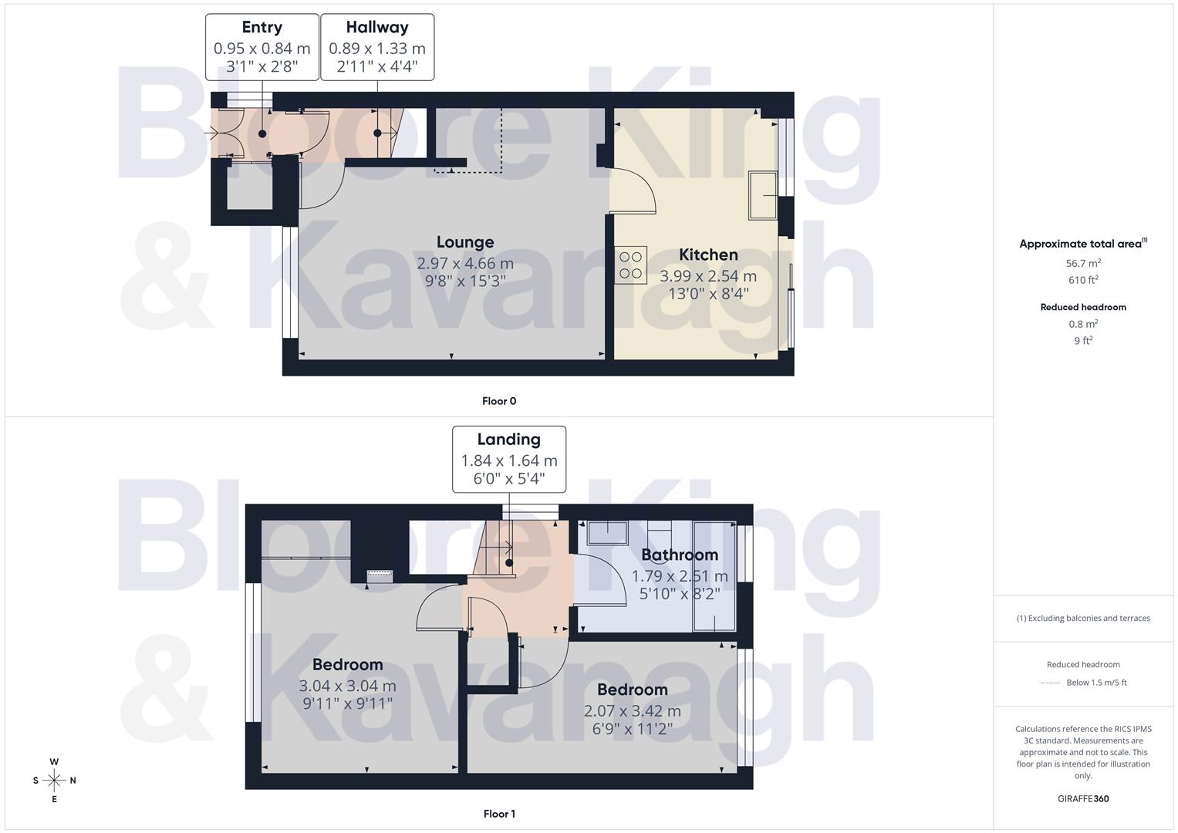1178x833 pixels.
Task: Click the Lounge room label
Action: pos(465,242)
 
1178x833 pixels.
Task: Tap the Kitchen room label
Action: pos(708,255)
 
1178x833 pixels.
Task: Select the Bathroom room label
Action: pos(680,555)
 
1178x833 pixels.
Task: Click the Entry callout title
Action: pos(262,27)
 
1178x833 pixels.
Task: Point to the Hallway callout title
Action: pos(377,27)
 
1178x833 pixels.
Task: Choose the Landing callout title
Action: pos(508,440)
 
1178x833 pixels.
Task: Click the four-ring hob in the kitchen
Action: pos(631,265)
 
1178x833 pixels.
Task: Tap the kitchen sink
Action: pos(764,195)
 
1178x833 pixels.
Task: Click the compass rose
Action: pos(54,781)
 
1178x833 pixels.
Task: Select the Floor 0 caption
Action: pos(499,401)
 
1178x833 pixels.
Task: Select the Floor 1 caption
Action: pos(499,814)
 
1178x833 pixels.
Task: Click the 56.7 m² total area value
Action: pos(1083,264)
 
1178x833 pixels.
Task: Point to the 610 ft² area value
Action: pos(1083,280)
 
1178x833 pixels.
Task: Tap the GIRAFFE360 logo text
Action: pos(1083,798)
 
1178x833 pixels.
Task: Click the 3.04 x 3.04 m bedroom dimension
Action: pos(347,686)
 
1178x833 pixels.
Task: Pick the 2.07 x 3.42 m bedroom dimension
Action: pos(633,711)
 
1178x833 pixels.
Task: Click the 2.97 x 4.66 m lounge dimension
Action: pos(465,264)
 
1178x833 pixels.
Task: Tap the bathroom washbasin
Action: pos(607,532)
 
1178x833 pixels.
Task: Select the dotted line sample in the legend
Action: pos(1050,683)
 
